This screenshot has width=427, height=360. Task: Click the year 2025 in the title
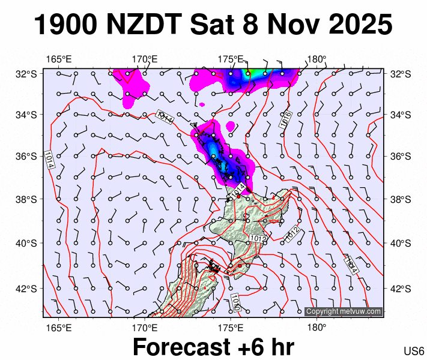[x=359, y=25]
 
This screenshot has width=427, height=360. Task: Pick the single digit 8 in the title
[x=252, y=25]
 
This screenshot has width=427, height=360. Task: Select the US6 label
[x=414, y=351]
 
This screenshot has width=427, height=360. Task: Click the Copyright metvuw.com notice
[x=343, y=311]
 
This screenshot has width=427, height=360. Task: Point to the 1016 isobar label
[x=286, y=119]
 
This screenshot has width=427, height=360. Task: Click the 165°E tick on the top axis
[x=58, y=59]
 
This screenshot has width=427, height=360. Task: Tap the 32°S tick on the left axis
[x=25, y=74]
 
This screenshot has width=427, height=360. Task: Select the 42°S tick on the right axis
[x=400, y=288]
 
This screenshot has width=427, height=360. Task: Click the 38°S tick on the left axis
[x=25, y=199]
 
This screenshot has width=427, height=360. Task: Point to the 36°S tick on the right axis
[x=400, y=156]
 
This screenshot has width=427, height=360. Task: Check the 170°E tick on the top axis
[x=145, y=59]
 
